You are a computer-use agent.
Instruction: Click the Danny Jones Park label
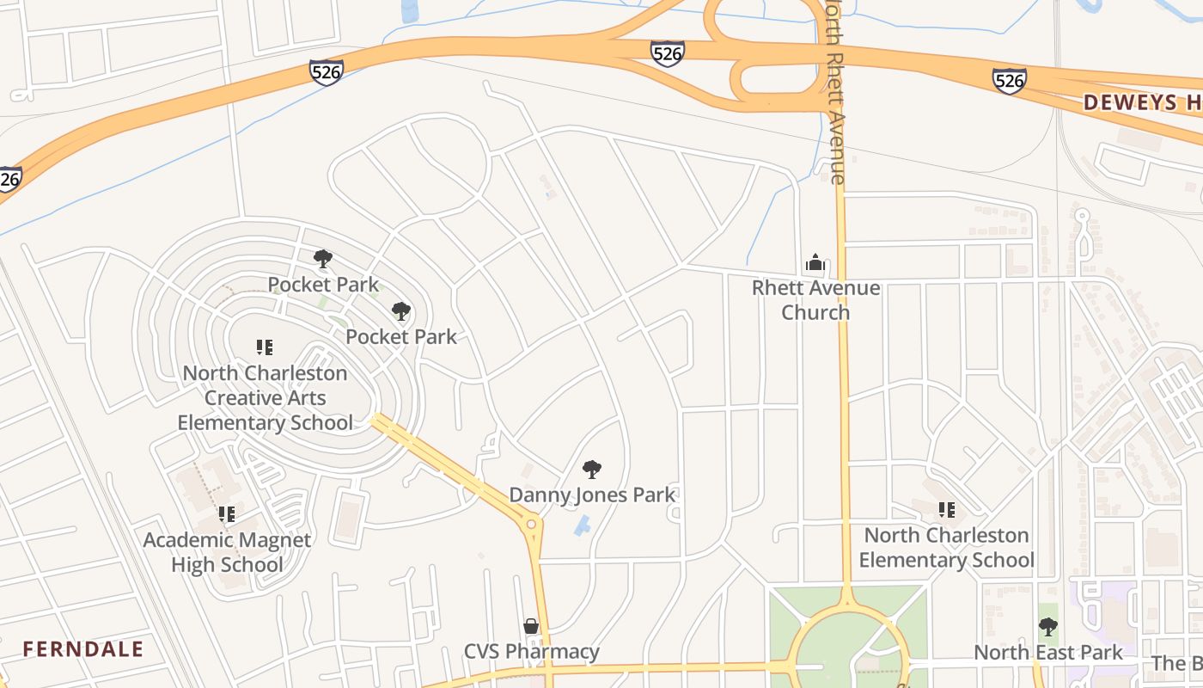592,494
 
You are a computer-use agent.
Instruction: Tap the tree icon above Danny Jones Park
591,470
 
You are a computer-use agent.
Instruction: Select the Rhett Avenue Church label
815,300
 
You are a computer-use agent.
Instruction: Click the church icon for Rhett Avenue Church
815,262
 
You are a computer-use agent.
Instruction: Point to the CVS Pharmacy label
531,652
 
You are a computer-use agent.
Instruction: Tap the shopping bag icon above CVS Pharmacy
531,626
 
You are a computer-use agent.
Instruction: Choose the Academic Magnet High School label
227,552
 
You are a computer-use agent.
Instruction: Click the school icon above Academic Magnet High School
227,514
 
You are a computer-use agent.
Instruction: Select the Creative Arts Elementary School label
265,398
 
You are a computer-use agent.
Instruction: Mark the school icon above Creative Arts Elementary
265,347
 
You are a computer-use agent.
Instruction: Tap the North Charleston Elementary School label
946,548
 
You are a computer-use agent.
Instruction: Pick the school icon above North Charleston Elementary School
946,510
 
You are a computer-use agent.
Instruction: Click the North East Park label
1047,653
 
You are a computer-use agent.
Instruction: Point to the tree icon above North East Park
1047,627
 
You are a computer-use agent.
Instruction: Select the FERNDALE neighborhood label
83,648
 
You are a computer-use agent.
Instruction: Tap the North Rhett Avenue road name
835,95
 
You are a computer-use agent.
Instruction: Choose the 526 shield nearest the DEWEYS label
1009,80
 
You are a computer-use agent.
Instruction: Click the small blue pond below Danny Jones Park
583,525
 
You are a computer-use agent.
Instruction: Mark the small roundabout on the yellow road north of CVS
531,523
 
